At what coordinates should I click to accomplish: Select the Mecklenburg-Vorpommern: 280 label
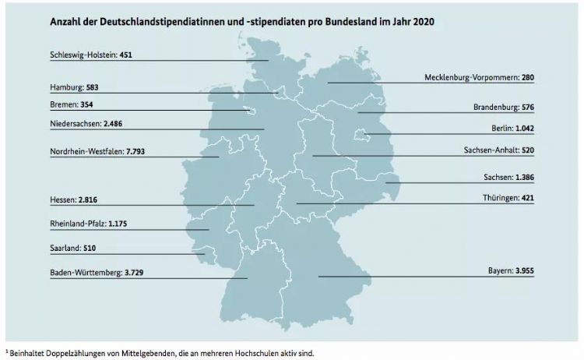tap(479, 77)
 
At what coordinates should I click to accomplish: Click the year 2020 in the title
tap(421, 20)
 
